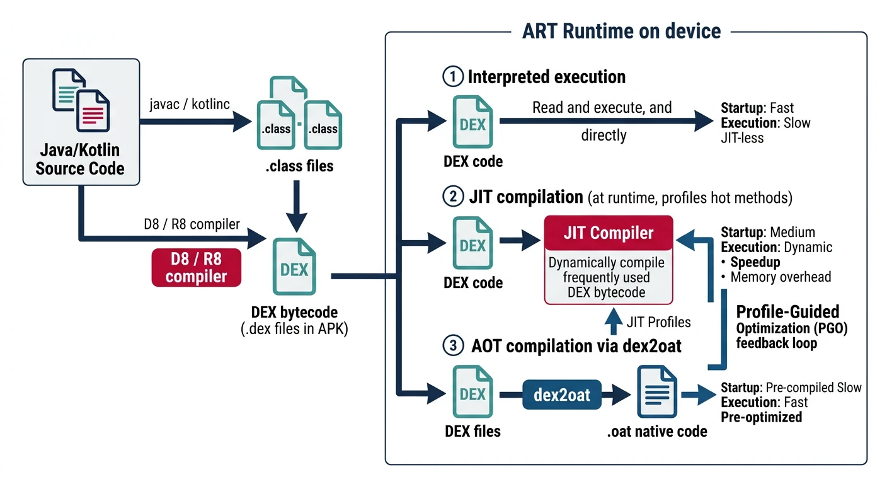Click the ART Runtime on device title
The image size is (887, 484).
click(x=621, y=32)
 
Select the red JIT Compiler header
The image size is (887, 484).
click(x=608, y=233)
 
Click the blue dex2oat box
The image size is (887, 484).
click(x=562, y=395)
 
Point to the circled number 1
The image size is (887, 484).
click(x=452, y=78)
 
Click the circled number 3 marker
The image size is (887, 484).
click(x=452, y=346)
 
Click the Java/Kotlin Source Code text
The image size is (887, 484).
click(x=80, y=160)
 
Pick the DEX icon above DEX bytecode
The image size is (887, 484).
click(x=294, y=268)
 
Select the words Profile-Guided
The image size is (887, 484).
click(x=787, y=312)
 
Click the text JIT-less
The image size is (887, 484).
click(x=742, y=137)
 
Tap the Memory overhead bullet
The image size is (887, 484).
click(x=780, y=277)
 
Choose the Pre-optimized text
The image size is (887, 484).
click(x=761, y=417)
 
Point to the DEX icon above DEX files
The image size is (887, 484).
click(x=473, y=393)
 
